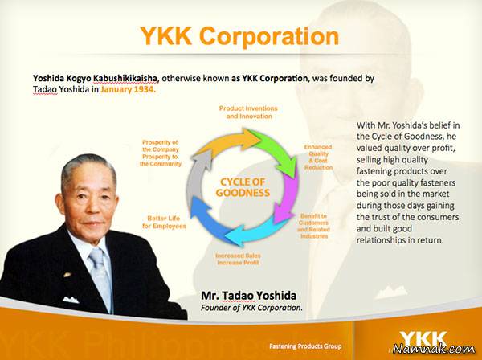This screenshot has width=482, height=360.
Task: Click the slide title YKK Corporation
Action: [x=239, y=36]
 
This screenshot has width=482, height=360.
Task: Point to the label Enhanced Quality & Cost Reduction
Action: [x=317, y=157]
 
